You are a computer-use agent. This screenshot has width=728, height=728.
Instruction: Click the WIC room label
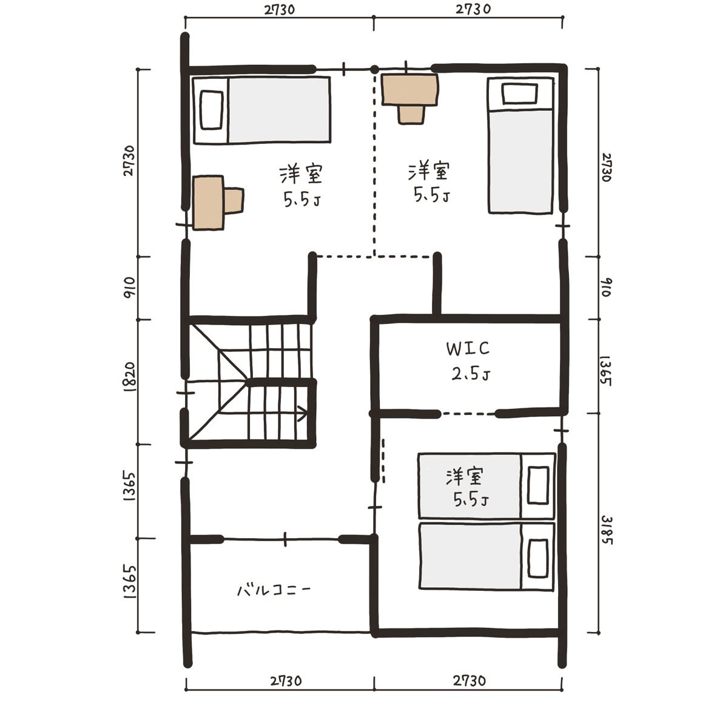468,348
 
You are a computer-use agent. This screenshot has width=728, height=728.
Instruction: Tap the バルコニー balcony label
274,589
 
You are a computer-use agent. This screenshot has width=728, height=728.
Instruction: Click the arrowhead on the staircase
303,413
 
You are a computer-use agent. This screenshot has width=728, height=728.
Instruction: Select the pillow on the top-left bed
211,110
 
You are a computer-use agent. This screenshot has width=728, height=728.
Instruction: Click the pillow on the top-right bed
520,93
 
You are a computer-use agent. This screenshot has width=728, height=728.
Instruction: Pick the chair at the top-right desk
411,115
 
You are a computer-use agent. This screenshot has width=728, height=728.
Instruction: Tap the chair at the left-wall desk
234,201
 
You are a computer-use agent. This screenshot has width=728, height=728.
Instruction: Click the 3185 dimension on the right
606,530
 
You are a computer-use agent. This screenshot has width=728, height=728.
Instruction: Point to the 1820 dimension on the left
129,377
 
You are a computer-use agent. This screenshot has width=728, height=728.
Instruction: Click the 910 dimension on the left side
129,288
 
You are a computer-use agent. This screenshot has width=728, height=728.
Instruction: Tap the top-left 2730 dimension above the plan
280,10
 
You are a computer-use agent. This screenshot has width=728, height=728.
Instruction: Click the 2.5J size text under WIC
471,374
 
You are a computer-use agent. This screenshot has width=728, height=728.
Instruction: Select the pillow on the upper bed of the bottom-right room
538,485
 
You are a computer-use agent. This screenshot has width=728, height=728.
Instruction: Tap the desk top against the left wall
208,203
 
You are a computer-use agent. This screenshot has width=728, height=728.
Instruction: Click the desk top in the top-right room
410,90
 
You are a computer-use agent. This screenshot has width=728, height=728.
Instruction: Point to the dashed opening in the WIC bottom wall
468,414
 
